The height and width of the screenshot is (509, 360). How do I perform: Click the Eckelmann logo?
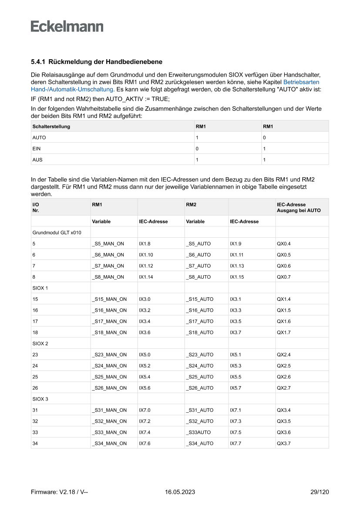point(67,27)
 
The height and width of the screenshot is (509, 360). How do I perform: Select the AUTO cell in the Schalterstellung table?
point(39,138)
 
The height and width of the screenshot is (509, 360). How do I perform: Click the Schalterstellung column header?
point(51,127)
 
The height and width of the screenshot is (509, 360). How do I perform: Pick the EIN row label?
point(37,148)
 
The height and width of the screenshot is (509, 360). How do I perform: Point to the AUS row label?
point(37,160)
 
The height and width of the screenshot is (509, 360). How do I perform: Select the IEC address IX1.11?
point(237,255)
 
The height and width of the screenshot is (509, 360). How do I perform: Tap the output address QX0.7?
point(283,277)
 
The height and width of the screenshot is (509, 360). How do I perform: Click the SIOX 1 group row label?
point(40,288)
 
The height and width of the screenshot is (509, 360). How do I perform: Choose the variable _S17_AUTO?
point(200,321)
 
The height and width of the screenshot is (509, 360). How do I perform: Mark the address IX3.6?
point(145,333)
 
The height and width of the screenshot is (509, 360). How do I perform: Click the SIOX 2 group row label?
point(40,344)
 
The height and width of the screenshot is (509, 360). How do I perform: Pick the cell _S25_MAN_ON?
point(109,377)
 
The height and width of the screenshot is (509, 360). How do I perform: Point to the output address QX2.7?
point(283,388)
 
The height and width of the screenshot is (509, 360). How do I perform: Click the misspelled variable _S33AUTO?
point(199,432)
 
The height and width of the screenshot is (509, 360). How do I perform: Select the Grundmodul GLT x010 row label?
point(57,233)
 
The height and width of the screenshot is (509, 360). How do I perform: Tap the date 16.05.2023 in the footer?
point(180,492)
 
